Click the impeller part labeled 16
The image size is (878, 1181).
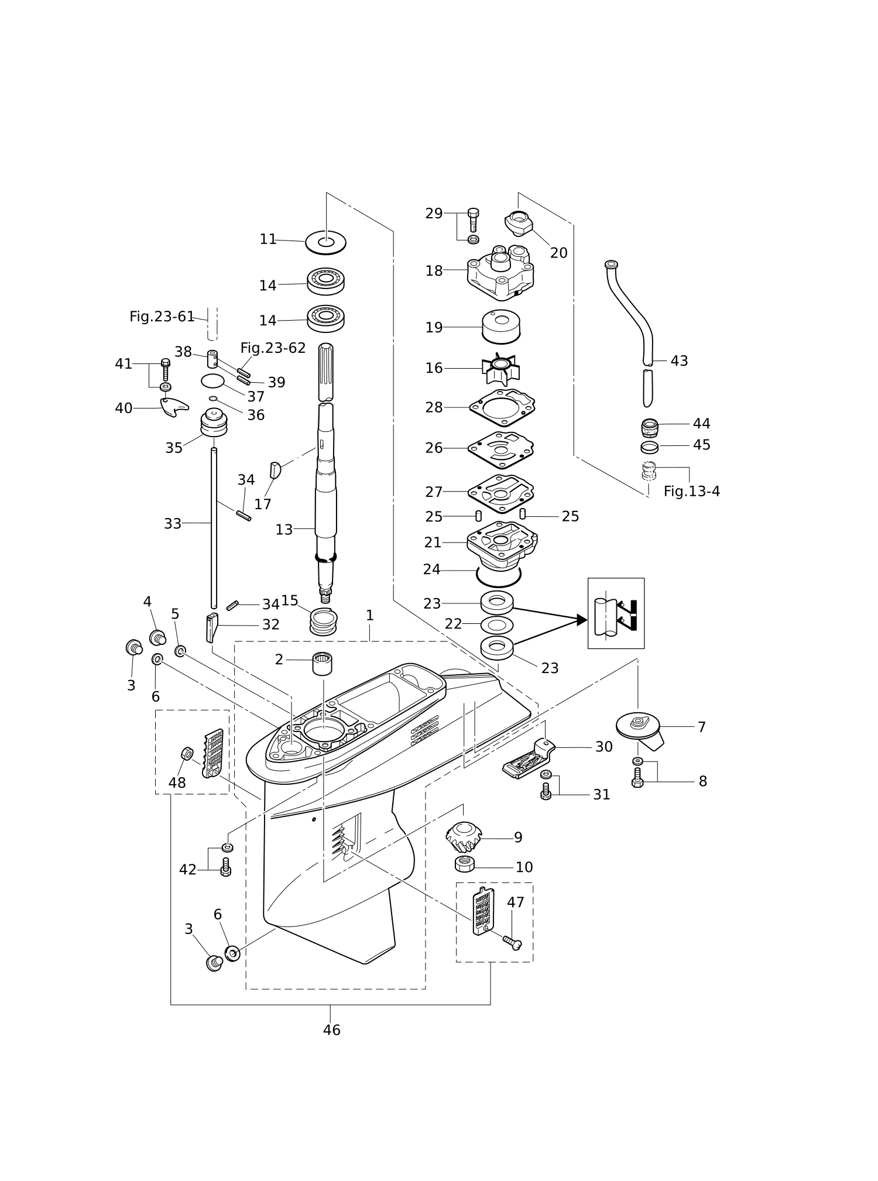click(500, 369)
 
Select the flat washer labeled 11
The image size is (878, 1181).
click(326, 241)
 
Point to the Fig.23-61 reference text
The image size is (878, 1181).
click(162, 317)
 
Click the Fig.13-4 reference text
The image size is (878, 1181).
click(691, 492)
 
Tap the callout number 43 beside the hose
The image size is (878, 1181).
click(679, 361)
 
